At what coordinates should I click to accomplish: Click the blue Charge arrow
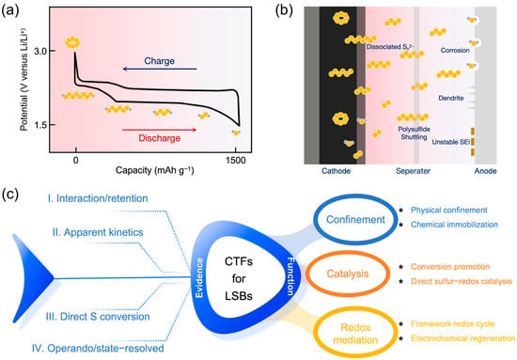(160, 69)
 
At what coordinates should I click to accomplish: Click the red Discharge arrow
(159, 130)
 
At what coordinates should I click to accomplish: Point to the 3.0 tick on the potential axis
(42, 51)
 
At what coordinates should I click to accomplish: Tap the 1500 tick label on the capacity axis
(236, 161)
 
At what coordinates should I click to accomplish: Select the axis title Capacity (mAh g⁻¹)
(155, 170)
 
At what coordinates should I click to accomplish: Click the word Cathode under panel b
(336, 171)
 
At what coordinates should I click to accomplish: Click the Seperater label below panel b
(413, 171)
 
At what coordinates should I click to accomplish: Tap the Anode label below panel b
(485, 171)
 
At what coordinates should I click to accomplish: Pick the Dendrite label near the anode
(451, 98)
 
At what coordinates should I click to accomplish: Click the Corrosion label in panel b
(455, 51)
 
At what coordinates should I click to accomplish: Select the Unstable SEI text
(450, 142)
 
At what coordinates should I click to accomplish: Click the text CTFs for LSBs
(239, 278)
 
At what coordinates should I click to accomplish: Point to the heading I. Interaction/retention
(98, 198)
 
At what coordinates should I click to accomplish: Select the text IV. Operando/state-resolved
(98, 348)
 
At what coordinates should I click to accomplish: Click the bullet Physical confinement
(448, 210)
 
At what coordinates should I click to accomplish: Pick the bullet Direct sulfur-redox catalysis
(462, 281)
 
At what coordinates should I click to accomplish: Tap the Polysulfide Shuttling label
(414, 133)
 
